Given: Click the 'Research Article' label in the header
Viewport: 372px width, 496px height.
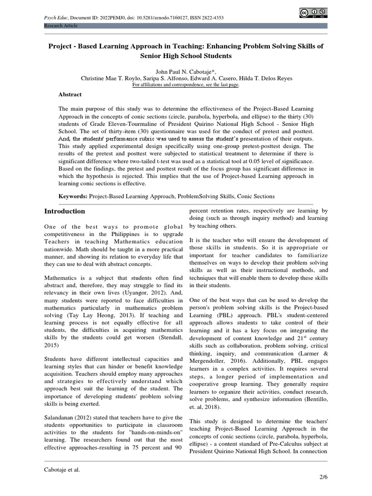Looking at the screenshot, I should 61,26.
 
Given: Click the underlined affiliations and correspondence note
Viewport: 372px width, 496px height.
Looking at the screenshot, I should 186,84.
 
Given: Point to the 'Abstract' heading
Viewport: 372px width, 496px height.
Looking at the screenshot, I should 70,94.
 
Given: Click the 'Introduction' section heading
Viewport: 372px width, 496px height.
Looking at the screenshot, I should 64,211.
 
